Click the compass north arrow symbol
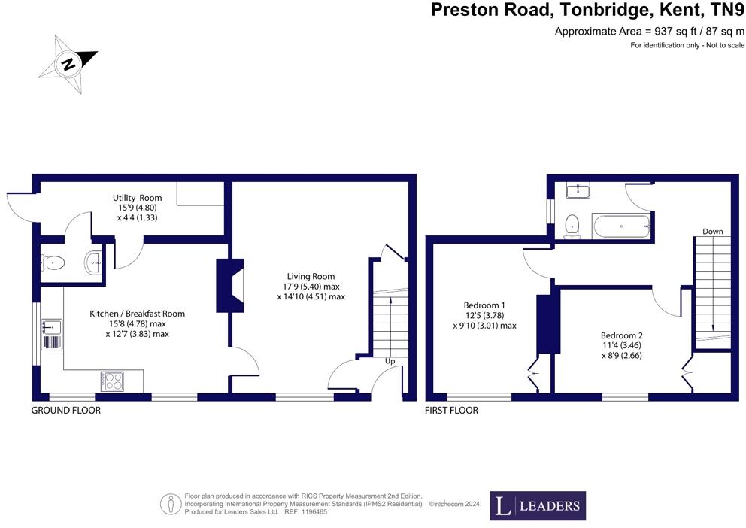(68, 64)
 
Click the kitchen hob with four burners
(112, 381)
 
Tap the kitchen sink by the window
(51, 335)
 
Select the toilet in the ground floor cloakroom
(53, 262)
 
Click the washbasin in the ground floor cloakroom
(93, 262)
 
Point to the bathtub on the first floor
(621, 226)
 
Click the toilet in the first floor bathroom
(571, 226)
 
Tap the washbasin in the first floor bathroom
(578, 191)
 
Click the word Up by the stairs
(390, 361)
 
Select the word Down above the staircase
(713, 232)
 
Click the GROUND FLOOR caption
(66, 410)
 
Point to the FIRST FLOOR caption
(451, 410)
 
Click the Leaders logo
(538, 505)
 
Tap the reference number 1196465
(312, 512)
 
